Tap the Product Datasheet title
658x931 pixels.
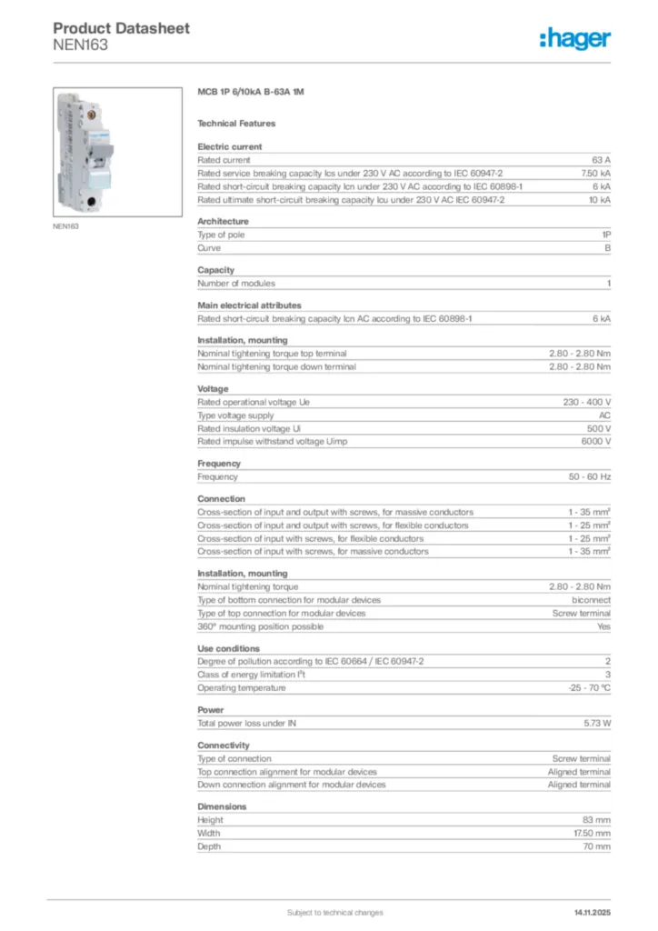click(x=121, y=28)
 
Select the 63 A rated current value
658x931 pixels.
click(x=601, y=160)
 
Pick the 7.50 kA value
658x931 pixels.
click(x=596, y=173)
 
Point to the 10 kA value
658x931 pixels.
click(x=599, y=199)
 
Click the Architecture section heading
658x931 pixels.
click(x=223, y=221)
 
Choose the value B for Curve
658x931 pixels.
click(x=608, y=247)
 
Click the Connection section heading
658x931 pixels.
click(x=221, y=498)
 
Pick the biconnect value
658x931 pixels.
click(x=591, y=600)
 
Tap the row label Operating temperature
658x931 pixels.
click(x=242, y=687)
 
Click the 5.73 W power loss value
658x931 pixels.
click(x=597, y=723)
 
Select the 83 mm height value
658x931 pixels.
click(x=596, y=820)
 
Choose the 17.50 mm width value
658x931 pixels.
click(x=591, y=833)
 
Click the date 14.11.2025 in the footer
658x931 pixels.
click(x=593, y=912)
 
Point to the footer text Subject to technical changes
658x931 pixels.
click(x=334, y=912)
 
